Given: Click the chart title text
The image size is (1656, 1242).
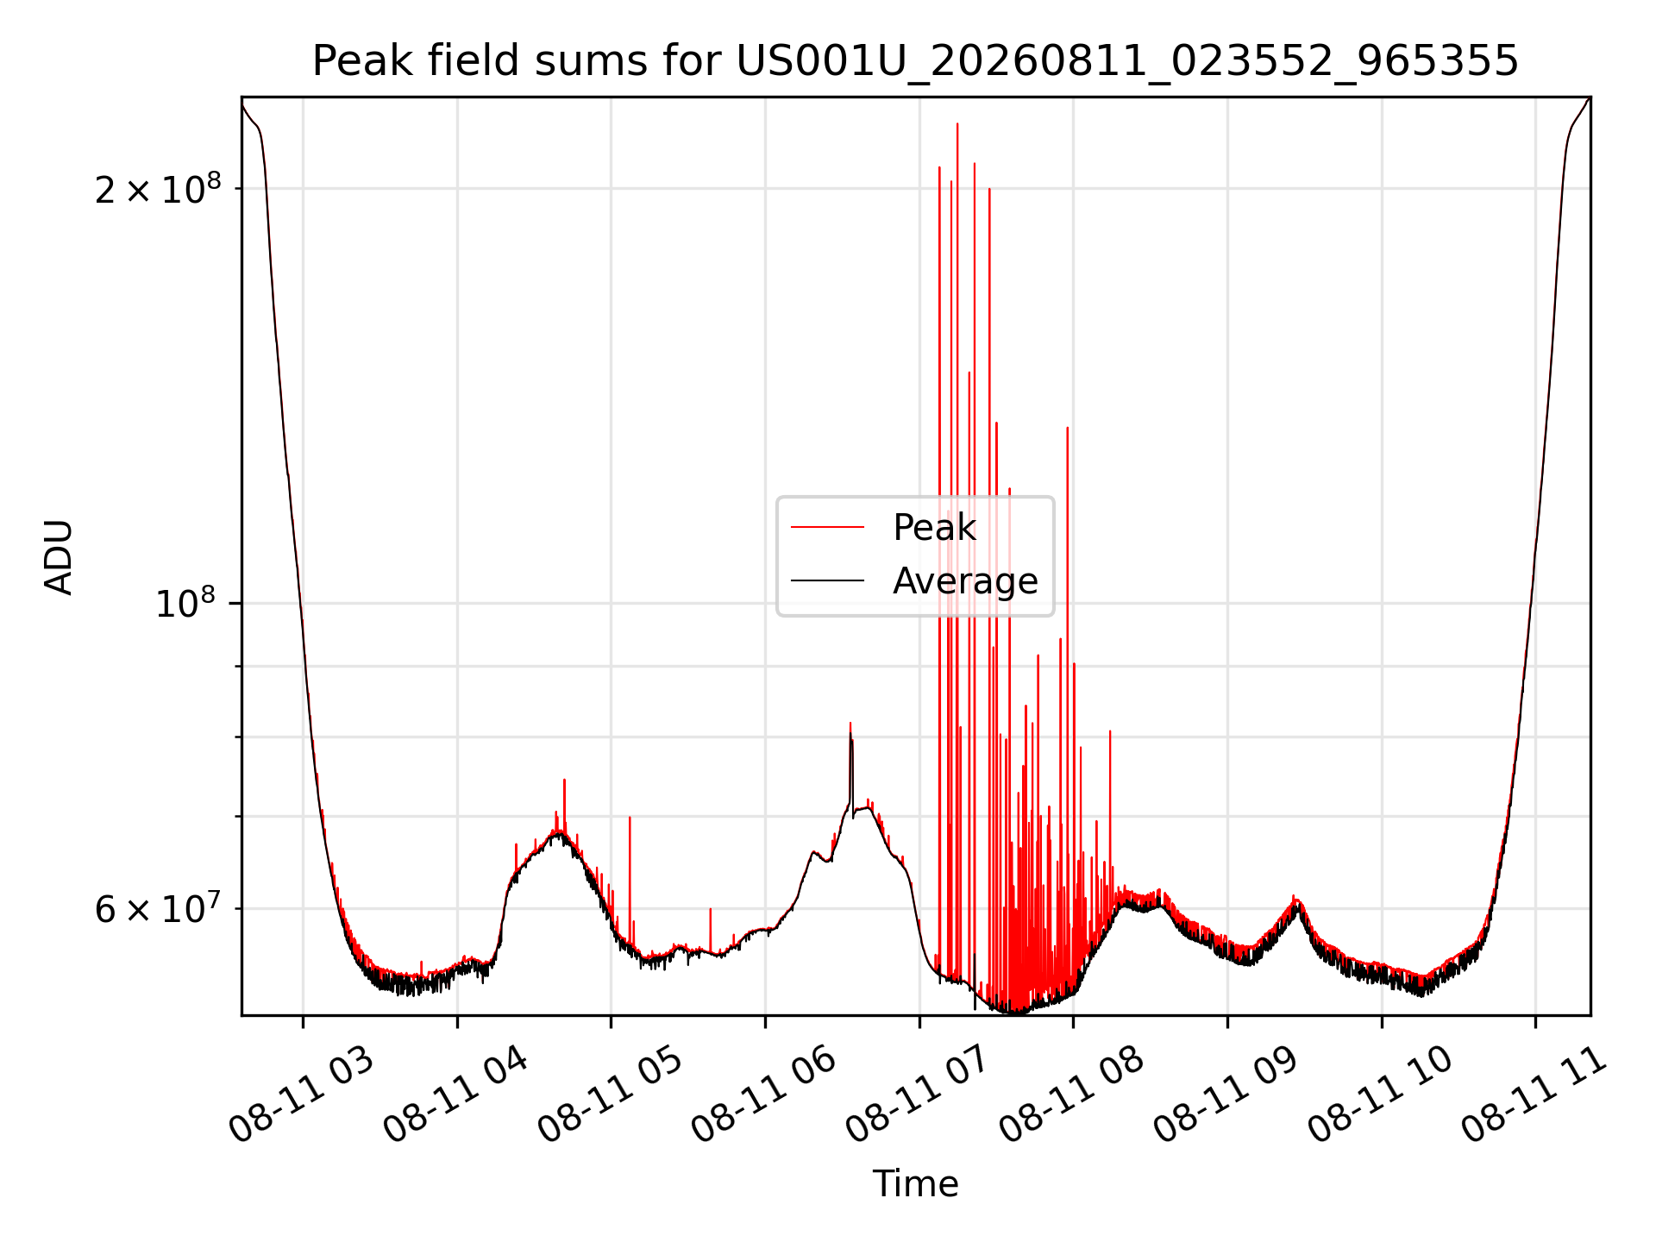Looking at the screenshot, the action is [x=915, y=61].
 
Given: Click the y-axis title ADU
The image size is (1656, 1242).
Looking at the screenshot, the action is [x=59, y=557].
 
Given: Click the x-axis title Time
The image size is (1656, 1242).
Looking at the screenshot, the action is [x=915, y=1184].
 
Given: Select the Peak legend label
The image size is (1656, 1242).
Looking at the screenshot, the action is [x=934, y=527].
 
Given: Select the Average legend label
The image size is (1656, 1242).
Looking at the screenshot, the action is [x=965, y=581].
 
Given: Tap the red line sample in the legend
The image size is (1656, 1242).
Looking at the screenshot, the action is [x=827, y=527].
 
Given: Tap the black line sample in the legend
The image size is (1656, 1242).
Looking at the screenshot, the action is [x=827, y=581].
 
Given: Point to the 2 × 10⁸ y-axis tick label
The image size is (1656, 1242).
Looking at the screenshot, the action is [x=158, y=189].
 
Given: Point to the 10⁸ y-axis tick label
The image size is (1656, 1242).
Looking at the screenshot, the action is [x=188, y=604].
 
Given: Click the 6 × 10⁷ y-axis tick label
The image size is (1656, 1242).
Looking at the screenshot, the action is [x=158, y=908].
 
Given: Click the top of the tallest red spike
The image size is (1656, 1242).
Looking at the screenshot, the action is [x=957, y=124].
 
